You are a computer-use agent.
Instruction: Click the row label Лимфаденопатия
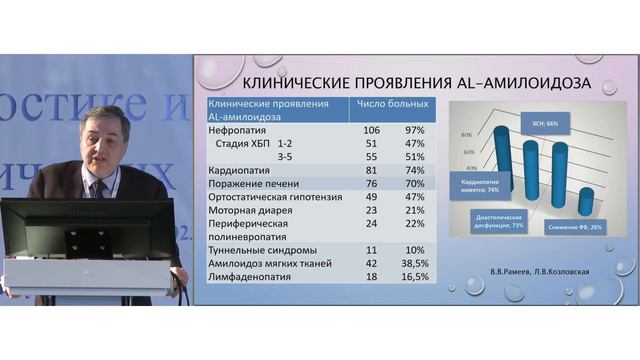click(246, 276)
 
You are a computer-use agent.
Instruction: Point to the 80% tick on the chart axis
click(466, 133)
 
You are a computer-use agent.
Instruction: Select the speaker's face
click(104, 140)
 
